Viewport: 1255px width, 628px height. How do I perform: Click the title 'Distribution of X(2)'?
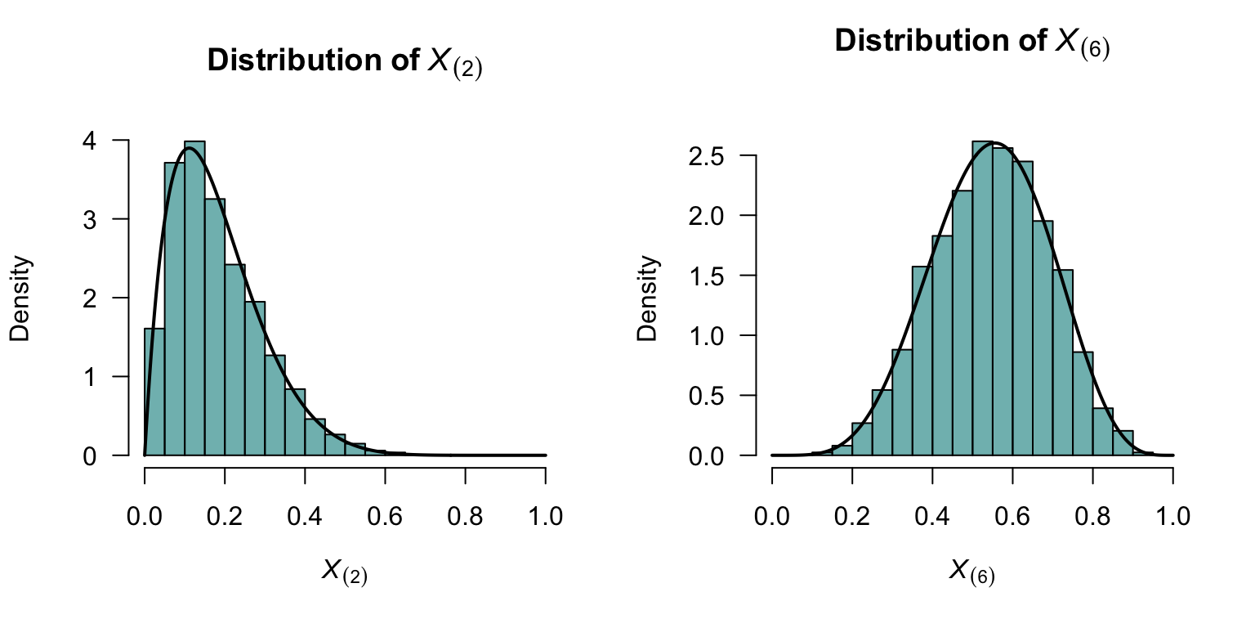pyautogui.click(x=345, y=62)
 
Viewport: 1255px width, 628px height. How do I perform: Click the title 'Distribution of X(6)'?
pyautogui.click(x=971, y=43)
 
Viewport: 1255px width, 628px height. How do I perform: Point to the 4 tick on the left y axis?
pyautogui.click(x=119, y=141)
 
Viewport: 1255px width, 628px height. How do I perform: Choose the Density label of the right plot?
pyautogui.click(x=648, y=298)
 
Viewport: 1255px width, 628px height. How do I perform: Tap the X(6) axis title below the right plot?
pyautogui.click(x=971, y=572)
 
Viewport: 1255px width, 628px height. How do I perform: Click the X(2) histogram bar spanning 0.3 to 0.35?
pyautogui.click(x=275, y=405)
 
